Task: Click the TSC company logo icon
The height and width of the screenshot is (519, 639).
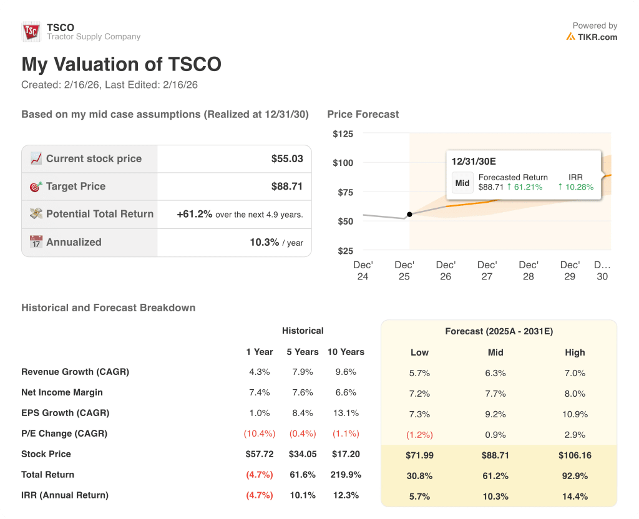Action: click(x=31, y=32)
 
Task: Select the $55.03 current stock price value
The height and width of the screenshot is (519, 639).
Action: click(x=287, y=158)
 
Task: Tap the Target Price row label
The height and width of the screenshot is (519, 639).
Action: click(x=76, y=187)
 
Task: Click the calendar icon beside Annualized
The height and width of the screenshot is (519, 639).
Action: click(x=36, y=242)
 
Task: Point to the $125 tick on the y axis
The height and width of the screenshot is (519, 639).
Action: click(x=343, y=134)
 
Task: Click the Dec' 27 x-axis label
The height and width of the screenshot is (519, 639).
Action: click(x=487, y=270)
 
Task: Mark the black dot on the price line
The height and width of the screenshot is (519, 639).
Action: click(x=409, y=215)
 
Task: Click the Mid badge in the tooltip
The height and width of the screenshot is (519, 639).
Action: click(x=462, y=183)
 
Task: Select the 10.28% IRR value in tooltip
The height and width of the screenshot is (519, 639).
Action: click(x=575, y=187)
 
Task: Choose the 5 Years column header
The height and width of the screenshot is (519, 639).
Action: click(x=303, y=352)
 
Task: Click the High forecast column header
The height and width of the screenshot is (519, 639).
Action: click(x=575, y=352)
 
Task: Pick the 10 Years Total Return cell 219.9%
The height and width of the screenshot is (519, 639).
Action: click(x=346, y=475)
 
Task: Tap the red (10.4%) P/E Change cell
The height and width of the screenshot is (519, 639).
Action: click(x=260, y=434)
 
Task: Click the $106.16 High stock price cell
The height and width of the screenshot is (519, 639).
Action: click(x=575, y=455)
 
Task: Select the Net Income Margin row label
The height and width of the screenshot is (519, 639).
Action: click(x=62, y=392)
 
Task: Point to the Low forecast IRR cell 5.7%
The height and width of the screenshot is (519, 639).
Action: click(x=419, y=497)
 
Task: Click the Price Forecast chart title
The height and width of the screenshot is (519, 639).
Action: click(x=363, y=114)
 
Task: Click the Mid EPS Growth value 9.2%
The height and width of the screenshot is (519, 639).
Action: click(x=495, y=414)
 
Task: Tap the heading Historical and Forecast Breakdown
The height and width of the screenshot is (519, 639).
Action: click(x=108, y=308)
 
